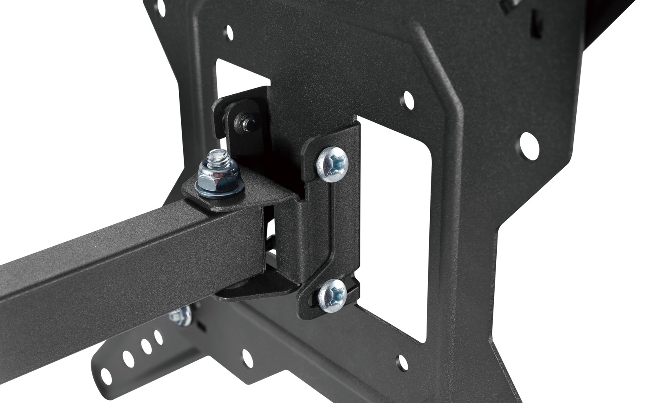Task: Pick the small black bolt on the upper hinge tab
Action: click(246, 122)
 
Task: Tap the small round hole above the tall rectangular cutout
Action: click(407, 98)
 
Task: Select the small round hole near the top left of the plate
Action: click(230, 31)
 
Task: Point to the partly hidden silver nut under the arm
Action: click(181, 316)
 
